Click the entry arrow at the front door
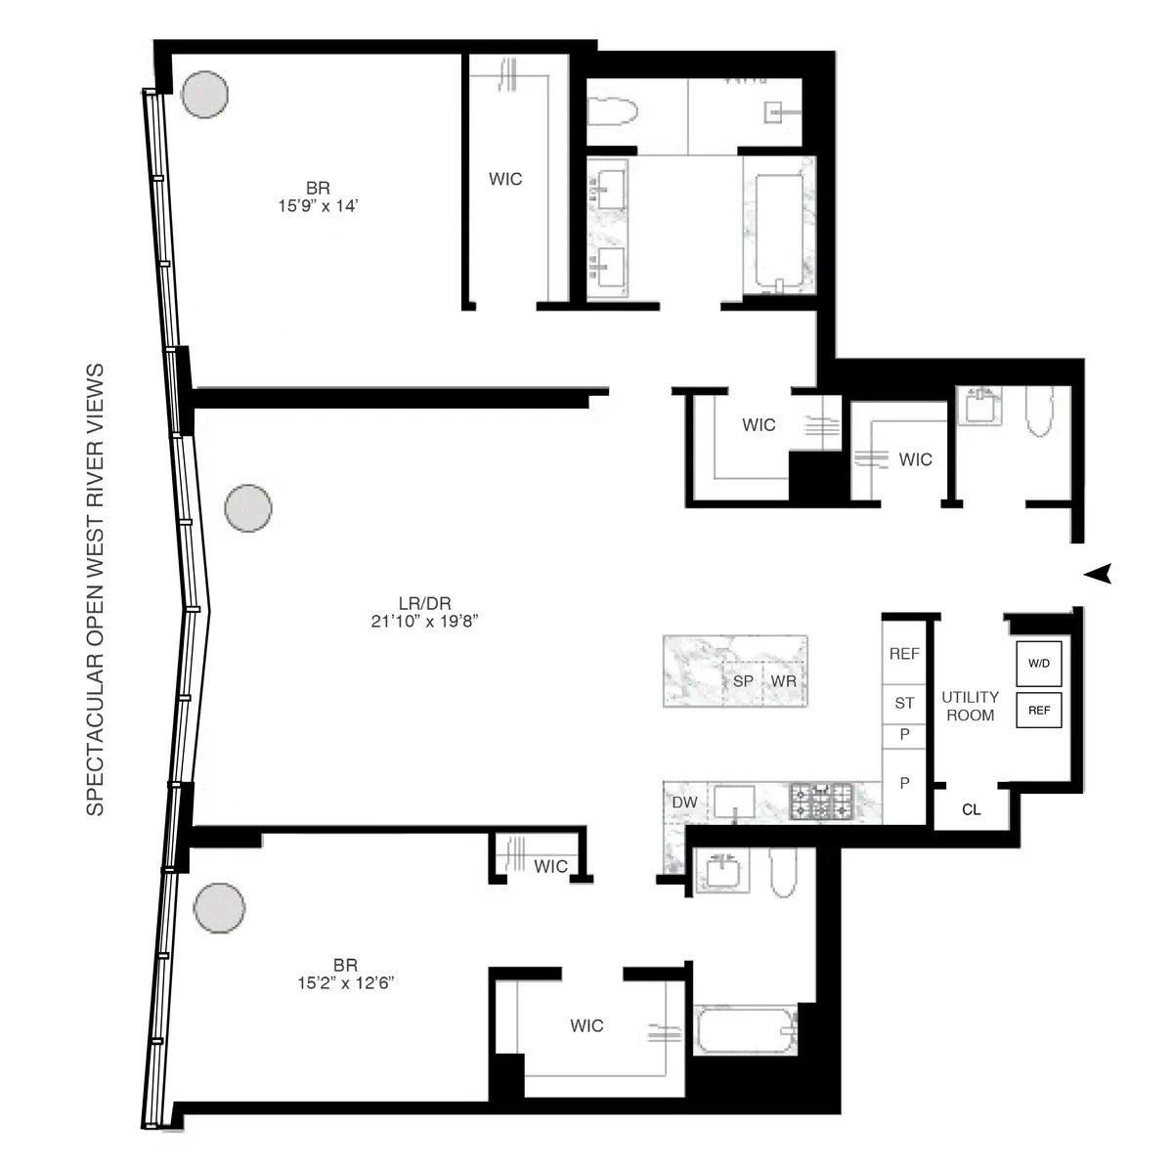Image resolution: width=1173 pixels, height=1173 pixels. coord(1100,575)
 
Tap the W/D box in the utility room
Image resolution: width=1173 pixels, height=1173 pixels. coord(1038,664)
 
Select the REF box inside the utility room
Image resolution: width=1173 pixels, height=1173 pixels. coord(1038,711)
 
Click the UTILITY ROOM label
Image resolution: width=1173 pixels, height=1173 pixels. coord(970,706)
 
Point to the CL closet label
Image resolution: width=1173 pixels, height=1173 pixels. coord(971,809)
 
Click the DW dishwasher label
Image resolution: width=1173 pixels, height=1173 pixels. coord(685,803)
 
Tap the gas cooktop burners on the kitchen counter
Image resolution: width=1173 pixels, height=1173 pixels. coord(821,802)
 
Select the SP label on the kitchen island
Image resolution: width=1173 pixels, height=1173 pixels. coord(743,680)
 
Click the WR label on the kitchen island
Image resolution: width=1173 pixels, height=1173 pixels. coord(783,680)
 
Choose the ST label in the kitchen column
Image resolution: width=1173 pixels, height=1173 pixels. coord(904,702)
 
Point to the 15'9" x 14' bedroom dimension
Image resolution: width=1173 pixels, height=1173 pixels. coord(321,206)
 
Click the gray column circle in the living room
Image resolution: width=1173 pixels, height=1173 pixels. coord(248,508)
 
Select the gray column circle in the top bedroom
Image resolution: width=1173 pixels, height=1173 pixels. coord(205,95)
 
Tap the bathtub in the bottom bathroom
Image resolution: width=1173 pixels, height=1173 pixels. coord(745,1030)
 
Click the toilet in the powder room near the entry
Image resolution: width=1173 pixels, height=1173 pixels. coord(1037,413)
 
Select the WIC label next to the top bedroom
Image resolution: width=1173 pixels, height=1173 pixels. coord(505,179)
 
